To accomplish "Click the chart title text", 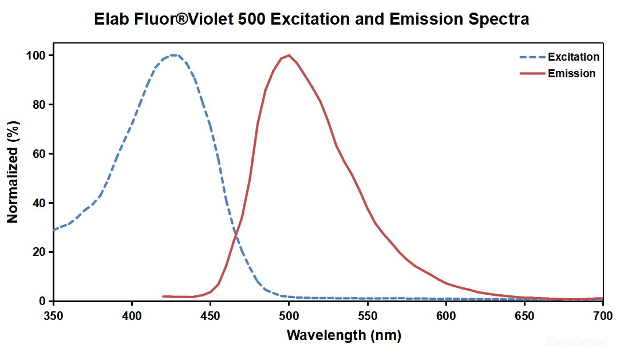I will tap(312, 19).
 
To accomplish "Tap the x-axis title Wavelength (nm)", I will tap(343, 335).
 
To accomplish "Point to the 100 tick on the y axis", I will tap(38, 56).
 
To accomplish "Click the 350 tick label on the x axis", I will tap(53, 315).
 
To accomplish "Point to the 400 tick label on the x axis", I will tap(132, 315).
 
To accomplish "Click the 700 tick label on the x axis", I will tap(602, 315).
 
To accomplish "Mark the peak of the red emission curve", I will tap(289, 56).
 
